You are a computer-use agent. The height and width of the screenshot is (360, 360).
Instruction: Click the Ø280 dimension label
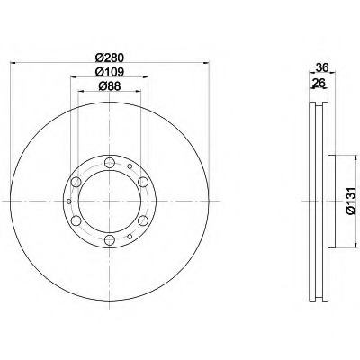tap(110, 58)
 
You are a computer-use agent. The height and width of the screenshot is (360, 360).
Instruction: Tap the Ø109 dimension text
tap(110, 72)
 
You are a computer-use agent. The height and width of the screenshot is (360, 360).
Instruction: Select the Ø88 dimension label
tap(110, 86)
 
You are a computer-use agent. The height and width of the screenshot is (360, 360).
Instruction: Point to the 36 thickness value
tap(323, 67)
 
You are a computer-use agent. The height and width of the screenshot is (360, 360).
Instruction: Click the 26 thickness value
tap(319, 83)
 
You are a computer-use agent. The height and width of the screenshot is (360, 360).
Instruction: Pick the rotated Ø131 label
tap(350, 201)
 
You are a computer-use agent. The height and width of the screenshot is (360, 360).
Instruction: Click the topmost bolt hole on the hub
tap(110, 163)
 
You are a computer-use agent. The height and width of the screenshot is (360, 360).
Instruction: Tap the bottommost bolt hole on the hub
tap(110, 239)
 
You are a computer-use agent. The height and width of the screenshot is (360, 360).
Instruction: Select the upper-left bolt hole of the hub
tap(76, 182)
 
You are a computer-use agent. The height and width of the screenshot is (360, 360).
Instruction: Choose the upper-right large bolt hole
tap(143, 182)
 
